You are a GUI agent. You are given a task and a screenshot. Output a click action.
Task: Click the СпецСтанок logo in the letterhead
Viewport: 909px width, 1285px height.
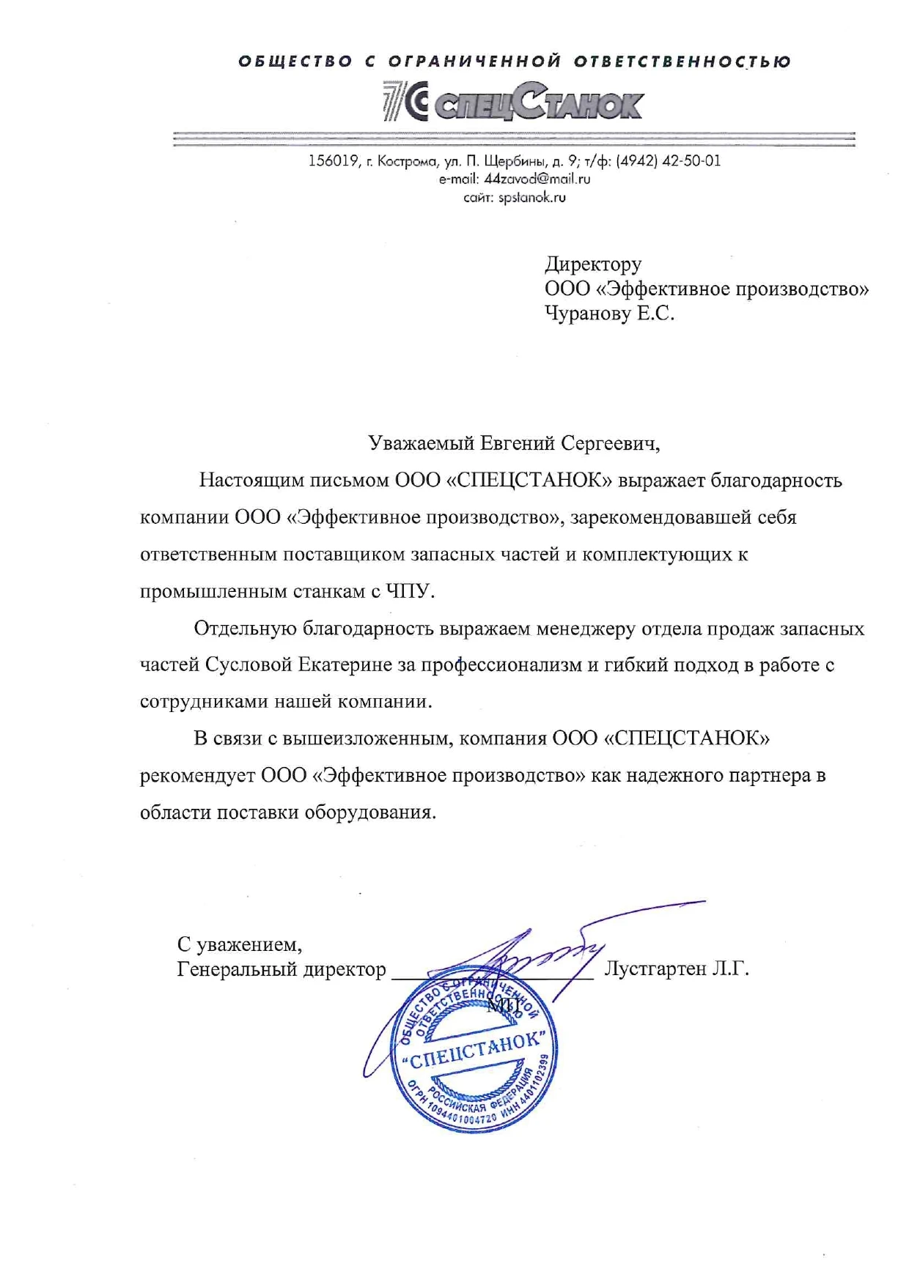click(x=513, y=102)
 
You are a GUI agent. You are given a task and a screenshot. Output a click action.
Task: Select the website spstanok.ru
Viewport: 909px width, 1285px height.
click(x=532, y=197)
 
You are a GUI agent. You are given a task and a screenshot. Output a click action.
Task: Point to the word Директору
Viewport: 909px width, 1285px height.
click(x=593, y=264)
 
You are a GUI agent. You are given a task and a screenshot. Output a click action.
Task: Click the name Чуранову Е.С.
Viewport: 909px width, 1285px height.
click(x=609, y=314)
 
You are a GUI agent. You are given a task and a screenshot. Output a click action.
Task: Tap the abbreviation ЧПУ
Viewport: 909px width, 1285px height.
click(x=414, y=591)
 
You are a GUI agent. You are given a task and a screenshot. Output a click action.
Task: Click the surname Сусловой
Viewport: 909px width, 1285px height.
click(x=249, y=664)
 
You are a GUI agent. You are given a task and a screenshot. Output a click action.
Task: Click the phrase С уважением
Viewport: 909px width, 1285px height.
click(x=239, y=944)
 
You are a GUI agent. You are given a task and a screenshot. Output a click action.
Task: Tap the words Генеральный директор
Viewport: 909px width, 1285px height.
click(x=281, y=969)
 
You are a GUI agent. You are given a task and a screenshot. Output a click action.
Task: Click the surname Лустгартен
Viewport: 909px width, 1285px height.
click(x=654, y=969)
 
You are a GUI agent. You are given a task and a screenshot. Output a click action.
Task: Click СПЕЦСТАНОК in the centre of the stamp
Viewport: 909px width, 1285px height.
click(x=476, y=1052)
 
